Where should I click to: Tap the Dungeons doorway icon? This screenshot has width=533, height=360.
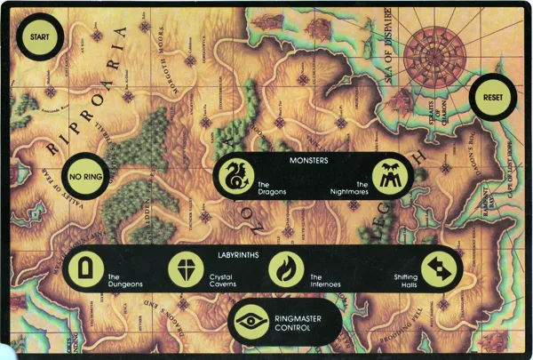pos(84,269)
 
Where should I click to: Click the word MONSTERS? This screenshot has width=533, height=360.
pos(310,160)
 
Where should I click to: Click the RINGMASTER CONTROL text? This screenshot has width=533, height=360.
pos(294,323)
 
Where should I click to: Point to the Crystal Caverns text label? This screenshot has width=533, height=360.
pos(223,281)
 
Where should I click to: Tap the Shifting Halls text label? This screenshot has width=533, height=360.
pos(405,281)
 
